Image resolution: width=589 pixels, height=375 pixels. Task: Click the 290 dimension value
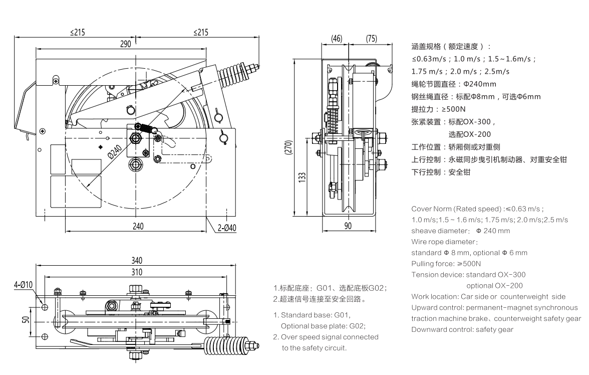tap(125, 44)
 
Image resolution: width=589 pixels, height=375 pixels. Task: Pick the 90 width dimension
tap(348, 226)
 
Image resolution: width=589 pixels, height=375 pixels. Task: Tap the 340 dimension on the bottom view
tap(136, 260)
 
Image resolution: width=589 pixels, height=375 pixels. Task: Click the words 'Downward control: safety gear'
tap(462, 329)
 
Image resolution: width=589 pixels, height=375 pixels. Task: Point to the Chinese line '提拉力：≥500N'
tap(431, 108)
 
